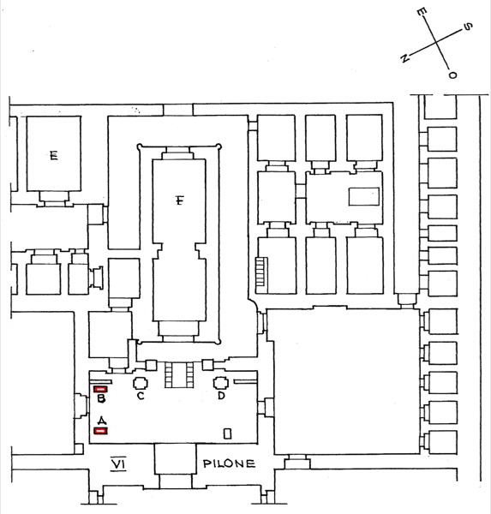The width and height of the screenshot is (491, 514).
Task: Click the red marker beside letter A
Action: click(101, 431)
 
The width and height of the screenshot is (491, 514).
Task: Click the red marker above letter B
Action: click(101, 389)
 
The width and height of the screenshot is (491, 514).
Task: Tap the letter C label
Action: click(141, 396)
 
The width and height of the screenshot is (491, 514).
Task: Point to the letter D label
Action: click(221, 396)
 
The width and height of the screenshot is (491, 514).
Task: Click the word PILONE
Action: click(229, 463)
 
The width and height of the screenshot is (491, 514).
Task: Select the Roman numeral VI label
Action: click(118, 463)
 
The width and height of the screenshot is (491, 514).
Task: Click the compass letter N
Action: click(404, 58)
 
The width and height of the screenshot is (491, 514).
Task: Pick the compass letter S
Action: click(468, 27)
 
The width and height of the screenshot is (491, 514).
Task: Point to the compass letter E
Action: click(421, 12)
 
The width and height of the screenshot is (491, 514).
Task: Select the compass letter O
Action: click(452, 75)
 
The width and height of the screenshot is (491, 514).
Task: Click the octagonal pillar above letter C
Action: click(141, 383)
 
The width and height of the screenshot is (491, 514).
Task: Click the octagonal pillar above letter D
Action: click(221, 382)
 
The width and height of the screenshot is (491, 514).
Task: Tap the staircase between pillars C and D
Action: click(179, 374)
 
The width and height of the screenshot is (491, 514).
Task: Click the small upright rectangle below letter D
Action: click(227, 433)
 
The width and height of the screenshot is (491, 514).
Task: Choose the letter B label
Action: click(101, 398)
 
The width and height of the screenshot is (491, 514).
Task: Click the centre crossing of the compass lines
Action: click(436, 43)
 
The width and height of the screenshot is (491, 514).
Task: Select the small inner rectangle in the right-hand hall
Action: click(363, 196)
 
